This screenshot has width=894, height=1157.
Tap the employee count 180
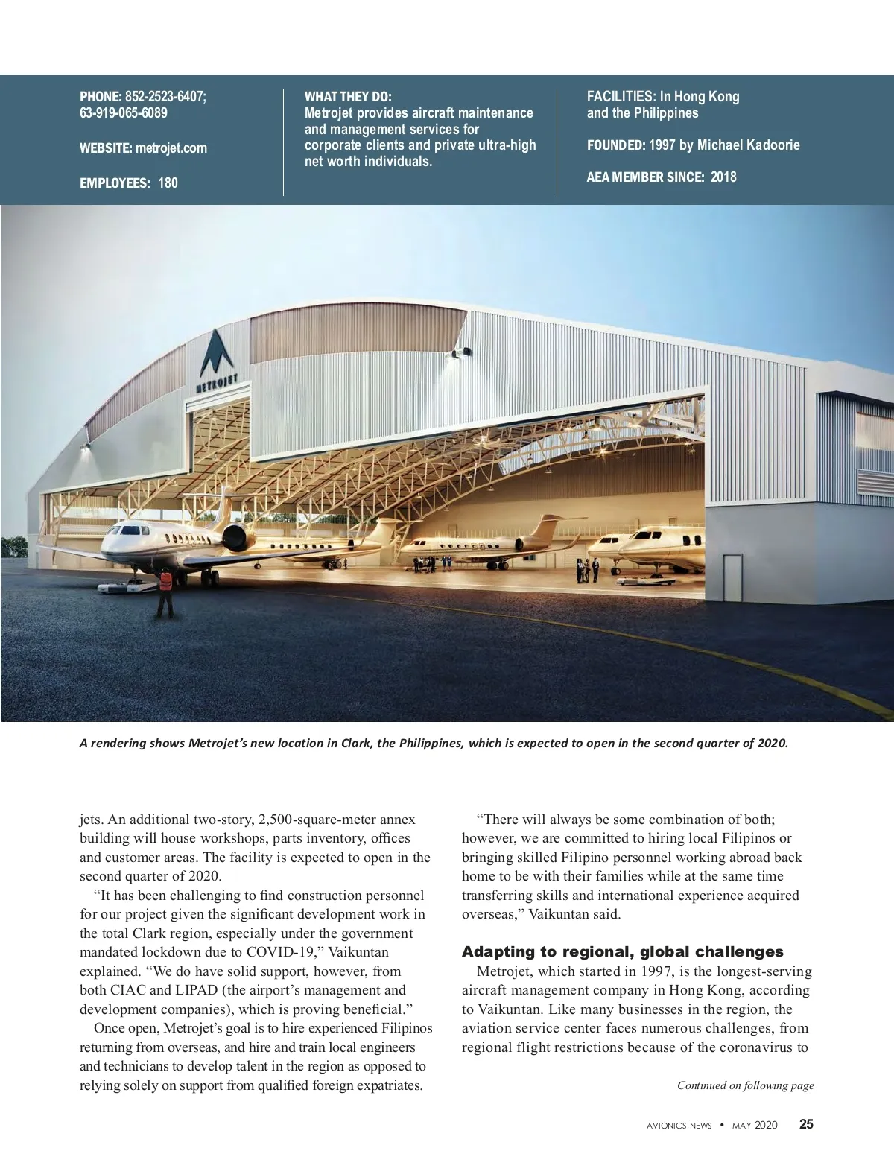[168, 183]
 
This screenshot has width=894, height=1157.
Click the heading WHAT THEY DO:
[348, 97]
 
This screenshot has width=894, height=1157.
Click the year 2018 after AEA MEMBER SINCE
[723, 177]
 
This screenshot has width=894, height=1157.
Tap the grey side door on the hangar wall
[732, 577]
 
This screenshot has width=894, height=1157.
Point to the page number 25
[806, 1124]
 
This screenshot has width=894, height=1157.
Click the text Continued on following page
[745, 1085]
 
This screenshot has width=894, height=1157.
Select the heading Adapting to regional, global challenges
[622, 951]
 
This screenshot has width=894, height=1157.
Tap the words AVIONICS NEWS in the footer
[679, 1125]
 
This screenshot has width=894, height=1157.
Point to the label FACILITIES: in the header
[618, 96]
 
